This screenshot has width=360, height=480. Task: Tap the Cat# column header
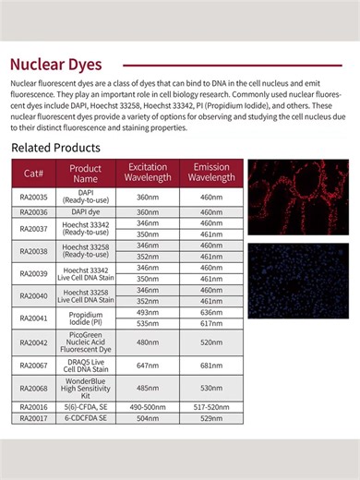[33, 173]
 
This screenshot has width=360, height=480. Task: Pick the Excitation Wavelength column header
[147, 173]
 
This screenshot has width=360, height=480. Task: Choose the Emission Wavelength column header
[211, 173]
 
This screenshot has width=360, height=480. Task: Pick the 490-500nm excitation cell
[147, 406]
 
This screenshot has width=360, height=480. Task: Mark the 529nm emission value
[211, 417]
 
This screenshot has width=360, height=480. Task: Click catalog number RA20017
[33, 417]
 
